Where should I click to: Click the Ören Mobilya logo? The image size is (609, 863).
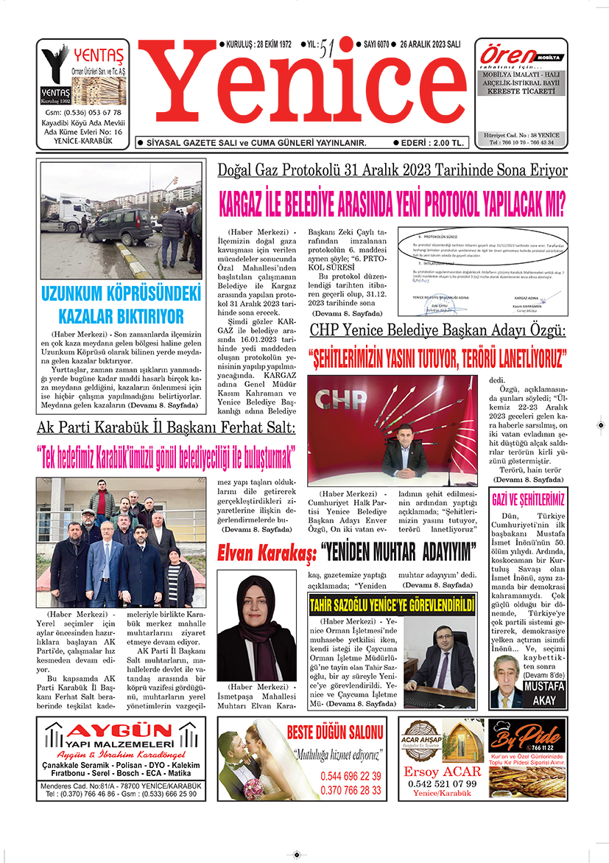point(507,55)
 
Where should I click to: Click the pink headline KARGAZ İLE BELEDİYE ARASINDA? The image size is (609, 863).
point(392,200)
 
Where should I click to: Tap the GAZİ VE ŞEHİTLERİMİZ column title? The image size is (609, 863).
point(528,497)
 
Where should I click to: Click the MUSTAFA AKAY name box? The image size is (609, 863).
point(544,692)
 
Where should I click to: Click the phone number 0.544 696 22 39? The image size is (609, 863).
point(351,776)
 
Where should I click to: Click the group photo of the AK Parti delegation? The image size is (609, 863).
point(116,542)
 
